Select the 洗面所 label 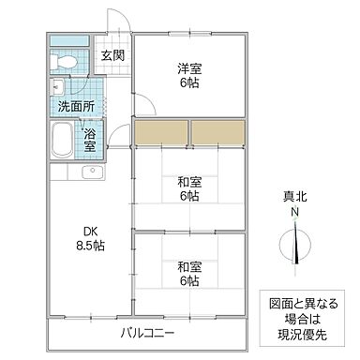point(75,105)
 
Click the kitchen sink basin point(91,175)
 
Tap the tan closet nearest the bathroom point(160,132)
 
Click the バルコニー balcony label point(148,333)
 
